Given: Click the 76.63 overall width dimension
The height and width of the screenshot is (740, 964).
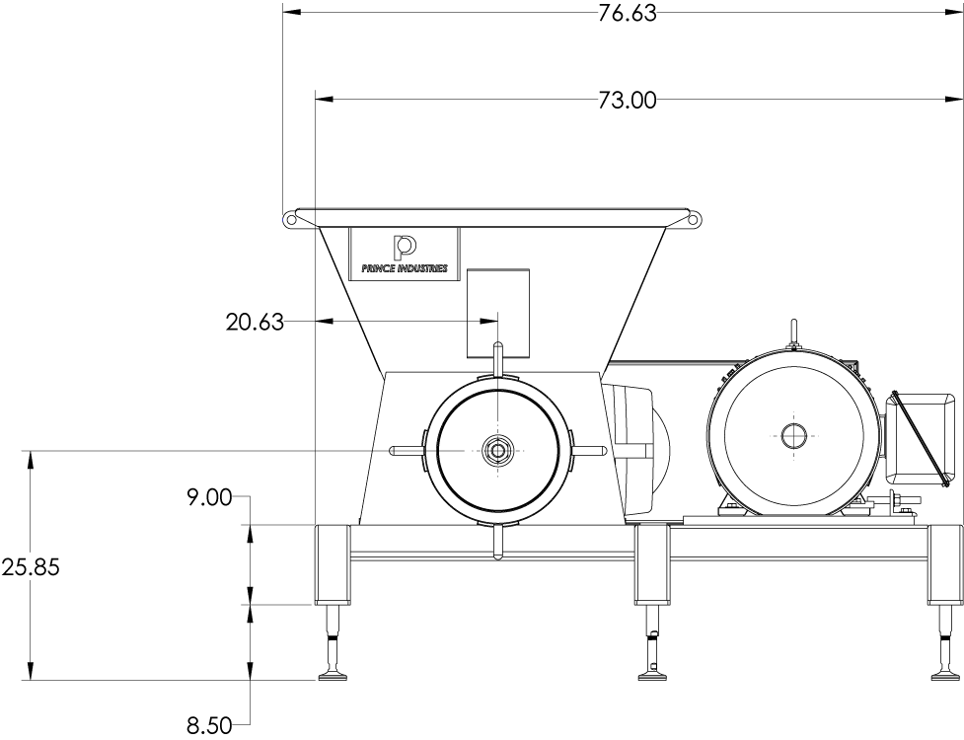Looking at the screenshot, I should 627,13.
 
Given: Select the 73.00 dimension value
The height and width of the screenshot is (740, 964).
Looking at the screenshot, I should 627,100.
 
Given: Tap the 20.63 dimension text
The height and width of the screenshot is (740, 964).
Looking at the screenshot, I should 255,322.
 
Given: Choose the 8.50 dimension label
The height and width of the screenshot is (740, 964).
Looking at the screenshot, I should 209,726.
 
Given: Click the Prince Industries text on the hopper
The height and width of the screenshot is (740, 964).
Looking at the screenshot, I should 405,268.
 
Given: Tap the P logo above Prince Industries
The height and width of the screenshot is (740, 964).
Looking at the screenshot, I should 405,247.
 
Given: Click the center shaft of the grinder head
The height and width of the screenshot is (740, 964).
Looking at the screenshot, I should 497,451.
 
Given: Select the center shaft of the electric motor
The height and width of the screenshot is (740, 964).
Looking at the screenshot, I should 793,434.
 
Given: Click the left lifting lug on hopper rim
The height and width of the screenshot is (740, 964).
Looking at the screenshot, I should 291,219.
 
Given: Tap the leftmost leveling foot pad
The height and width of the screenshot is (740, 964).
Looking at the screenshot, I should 334,676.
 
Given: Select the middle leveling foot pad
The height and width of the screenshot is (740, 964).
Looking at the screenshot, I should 652,676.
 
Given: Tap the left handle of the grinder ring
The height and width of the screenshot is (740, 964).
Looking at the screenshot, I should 403,450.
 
